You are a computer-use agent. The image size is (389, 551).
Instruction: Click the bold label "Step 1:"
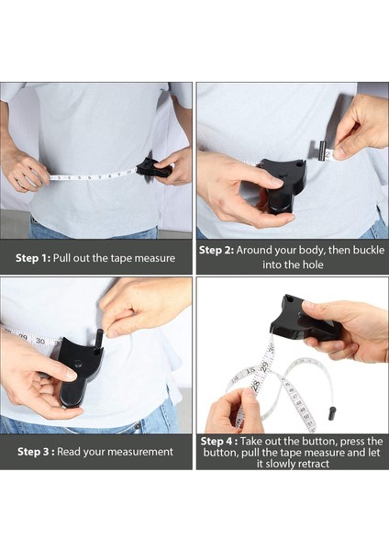pyautogui.click(x=33, y=258)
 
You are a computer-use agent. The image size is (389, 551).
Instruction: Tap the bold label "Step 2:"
pyautogui.click(x=217, y=250)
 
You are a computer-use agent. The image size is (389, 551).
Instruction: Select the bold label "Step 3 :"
pyautogui.click(x=36, y=452)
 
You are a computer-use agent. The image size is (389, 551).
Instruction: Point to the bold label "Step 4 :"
pyautogui.click(x=219, y=441)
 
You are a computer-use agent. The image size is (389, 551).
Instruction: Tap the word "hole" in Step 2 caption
pyautogui.click(x=312, y=264)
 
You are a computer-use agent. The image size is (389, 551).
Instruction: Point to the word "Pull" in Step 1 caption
pyautogui.click(x=62, y=258)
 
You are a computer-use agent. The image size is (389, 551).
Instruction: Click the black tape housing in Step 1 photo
pyautogui.click(x=153, y=168)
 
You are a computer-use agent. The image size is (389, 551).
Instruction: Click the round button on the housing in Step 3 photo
pyautogui.click(x=78, y=365)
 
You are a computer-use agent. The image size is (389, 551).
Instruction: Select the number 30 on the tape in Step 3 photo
pyautogui.click(x=40, y=342)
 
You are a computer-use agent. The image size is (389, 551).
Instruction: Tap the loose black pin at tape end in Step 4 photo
pyautogui.click(x=331, y=413)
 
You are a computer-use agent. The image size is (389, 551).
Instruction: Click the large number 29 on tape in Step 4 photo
pyautogui.click(x=265, y=366)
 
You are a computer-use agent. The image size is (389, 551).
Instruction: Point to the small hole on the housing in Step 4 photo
pyautogui.click(x=289, y=299)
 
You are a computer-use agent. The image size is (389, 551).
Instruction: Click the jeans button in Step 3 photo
pyautogui.click(x=138, y=427)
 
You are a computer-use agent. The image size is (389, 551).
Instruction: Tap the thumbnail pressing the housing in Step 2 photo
pyautogui.click(x=276, y=182)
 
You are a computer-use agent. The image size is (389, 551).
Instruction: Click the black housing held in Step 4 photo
pyautogui.click(x=302, y=320)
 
